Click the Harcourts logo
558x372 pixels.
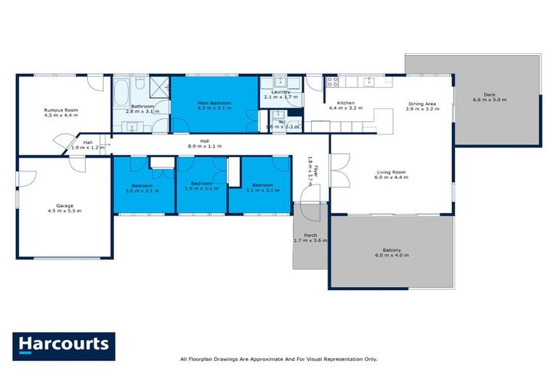(x=64, y=346)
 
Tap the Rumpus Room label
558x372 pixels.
(x=61, y=110)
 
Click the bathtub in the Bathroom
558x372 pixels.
(x=121, y=93)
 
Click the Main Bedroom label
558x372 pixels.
(x=214, y=103)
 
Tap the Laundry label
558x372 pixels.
(x=280, y=92)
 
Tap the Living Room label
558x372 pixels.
(x=390, y=172)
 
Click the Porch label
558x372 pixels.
(x=311, y=235)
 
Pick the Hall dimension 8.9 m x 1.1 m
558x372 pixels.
(x=204, y=146)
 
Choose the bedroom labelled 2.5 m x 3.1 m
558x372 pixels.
(x=201, y=187)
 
